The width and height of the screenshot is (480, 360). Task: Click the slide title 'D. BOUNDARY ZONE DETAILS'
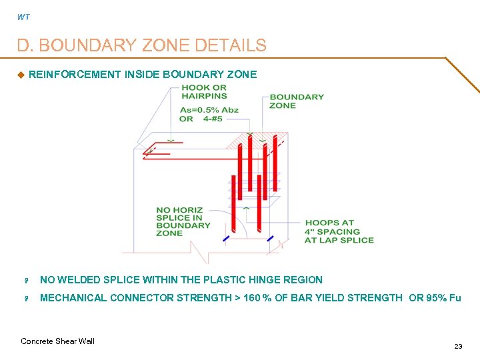pyautogui.click(x=141, y=45)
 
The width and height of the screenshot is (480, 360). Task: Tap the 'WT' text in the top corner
pyautogui.click(x=23, y=17)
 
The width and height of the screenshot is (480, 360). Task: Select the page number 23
pyautogui.click(x=458, y=346)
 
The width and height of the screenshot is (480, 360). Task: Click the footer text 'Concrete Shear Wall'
pyautogui.click(x=58, y=341)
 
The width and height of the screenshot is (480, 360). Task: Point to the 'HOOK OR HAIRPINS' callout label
pyautogui.click(x=204, y=91)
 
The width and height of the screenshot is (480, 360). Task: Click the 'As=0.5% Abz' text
pyautogui.click(x=209, y=110)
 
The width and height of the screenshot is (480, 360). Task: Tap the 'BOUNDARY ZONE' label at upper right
pyautogui.click(x=297, y=101)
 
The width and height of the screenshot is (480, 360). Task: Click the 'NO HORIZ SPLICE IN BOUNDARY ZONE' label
pyautogui.click(x=183, y=221)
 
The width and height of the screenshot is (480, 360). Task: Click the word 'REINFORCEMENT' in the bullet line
pyautogui.click(x=75, y=75)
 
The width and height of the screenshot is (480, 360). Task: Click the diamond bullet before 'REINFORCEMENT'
pyautogui.click(x=20, y=75)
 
